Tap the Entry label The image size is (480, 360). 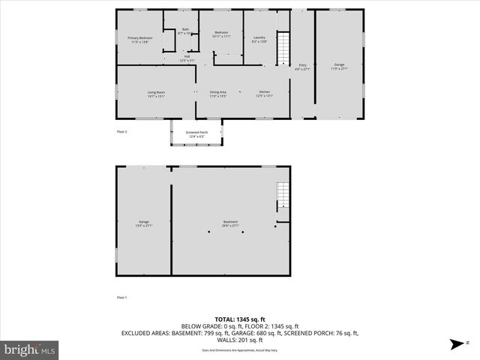[303, 67]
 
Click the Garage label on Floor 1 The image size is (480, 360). [143, 223]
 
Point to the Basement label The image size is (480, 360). [230, 223]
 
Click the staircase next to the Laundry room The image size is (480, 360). [283, 49]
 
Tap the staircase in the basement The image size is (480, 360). [282, 196]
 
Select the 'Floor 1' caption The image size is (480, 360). [122, 298]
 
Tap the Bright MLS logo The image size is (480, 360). [30, 349]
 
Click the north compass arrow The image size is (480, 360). [456, 344]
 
